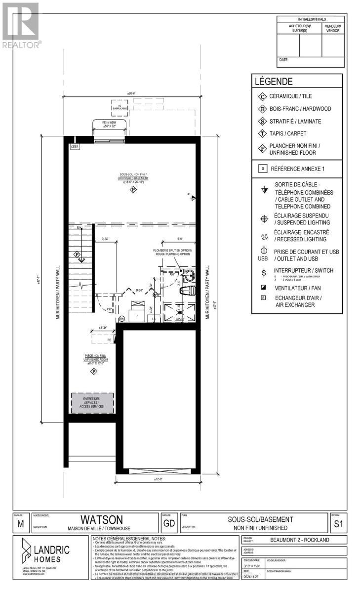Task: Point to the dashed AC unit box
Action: coord(117,107)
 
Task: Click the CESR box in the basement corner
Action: coord(75,147)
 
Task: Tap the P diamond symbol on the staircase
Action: coord(77,254)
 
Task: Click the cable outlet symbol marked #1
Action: coord(193,198)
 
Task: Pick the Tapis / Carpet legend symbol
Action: coord(262,133)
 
